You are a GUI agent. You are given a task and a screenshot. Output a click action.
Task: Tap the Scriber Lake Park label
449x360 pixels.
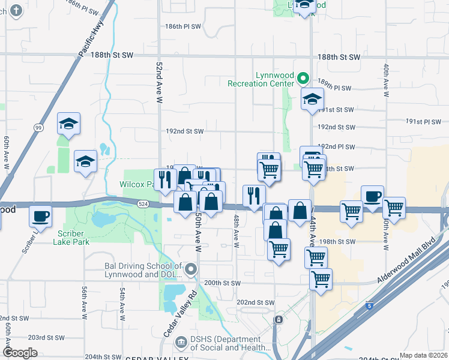(x=74, y=238)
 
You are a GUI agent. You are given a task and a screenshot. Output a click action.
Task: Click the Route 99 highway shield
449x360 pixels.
(x=38, y=127)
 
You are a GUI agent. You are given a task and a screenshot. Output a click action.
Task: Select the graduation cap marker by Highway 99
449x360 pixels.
(x=68, y=124)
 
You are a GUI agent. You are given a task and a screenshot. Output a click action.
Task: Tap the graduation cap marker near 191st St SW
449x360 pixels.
(x=312, y=99)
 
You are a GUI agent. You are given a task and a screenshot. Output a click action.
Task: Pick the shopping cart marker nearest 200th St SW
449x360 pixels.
(x=321, y=279)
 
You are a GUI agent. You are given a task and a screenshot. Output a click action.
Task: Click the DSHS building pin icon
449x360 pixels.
(x=181, y=342)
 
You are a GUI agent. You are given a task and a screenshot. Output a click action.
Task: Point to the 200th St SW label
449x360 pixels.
(x=222, y=283)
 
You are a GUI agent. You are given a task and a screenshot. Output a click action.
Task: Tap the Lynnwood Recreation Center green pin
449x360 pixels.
(x=304, y=78)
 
